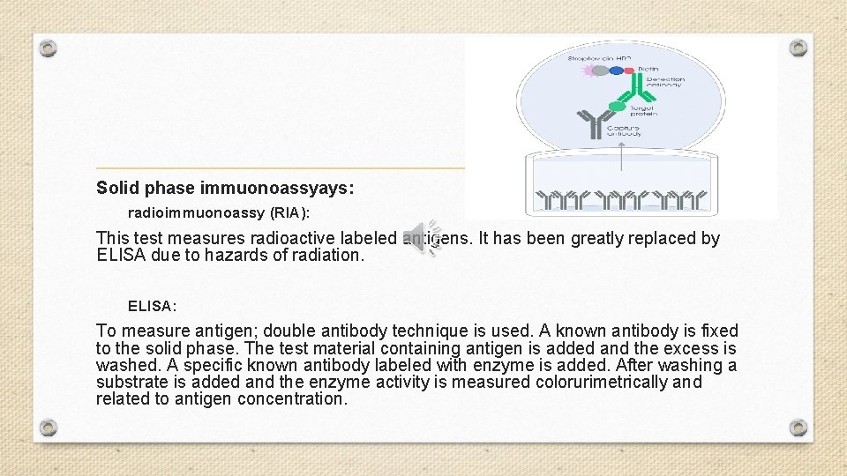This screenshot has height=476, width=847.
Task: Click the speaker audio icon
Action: [422, 238]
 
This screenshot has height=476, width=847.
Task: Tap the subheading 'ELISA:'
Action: [152, 306]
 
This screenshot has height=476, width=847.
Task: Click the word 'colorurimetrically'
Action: [595, 382]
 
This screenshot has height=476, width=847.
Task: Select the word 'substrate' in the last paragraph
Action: [131, 382]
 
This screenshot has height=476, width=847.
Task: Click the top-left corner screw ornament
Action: [49, 48]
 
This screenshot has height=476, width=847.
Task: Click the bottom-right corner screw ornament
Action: [798, 428]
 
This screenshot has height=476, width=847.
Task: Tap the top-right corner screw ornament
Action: [798, 48]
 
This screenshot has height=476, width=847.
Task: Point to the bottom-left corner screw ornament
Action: [49, 428]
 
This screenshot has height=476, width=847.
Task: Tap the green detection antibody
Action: [633, 86]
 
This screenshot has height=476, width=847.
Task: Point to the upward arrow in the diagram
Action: [621, 156]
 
